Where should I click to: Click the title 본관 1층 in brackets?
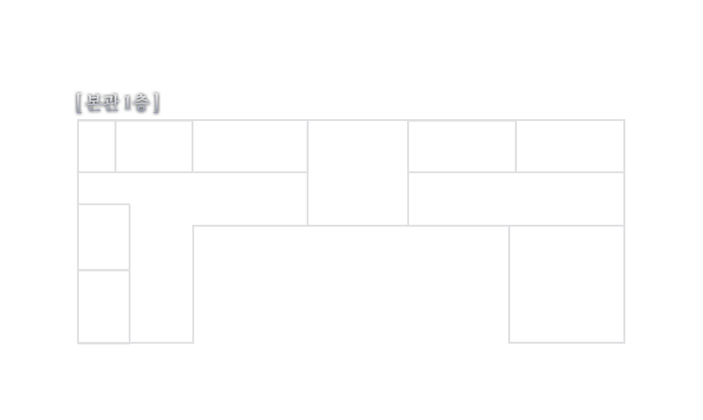pyautogui.click(x=118, y=104)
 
